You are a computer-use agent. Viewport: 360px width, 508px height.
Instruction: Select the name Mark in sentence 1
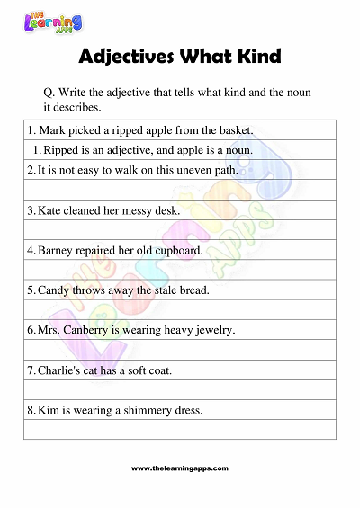click(52, 130)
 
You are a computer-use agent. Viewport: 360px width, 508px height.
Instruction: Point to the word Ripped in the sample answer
click(60, 149)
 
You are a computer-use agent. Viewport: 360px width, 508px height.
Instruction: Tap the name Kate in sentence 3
click(50, 210)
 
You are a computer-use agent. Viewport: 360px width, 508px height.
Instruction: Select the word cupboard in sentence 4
click(179, 250)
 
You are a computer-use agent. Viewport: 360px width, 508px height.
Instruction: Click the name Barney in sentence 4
click(56, 250)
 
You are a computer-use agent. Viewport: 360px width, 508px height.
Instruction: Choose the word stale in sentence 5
click(166, 290)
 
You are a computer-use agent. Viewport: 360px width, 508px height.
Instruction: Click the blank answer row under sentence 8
click(181, 430)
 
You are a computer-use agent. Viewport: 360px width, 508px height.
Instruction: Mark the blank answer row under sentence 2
click(181, 189)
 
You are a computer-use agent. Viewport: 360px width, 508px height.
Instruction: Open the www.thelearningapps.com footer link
click(180, 468)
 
